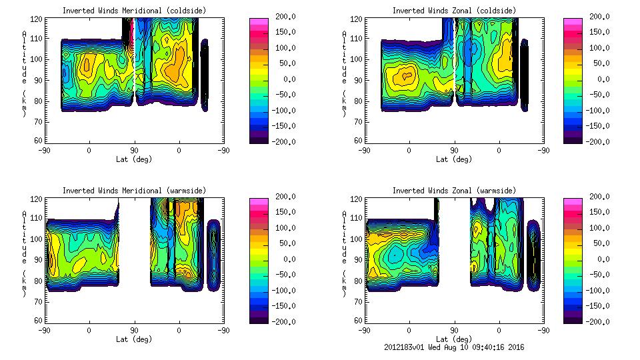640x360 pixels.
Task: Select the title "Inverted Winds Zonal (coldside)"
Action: [454, 10]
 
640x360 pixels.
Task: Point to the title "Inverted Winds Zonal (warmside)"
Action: [454, 190]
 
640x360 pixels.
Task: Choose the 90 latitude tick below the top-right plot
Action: [454, 150]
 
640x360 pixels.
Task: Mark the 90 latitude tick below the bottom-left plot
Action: [134, 330]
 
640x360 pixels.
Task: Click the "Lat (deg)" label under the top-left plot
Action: [134, 159]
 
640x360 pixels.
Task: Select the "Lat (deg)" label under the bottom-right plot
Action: [454, 339]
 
